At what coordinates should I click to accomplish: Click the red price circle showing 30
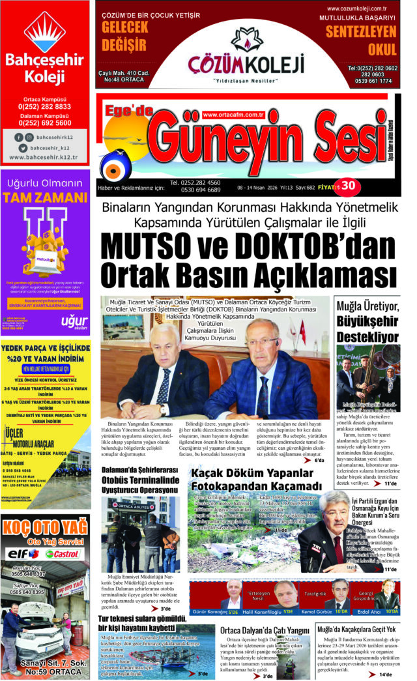click(x=348, y=186)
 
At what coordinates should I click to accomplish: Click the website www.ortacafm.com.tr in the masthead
click(x=233, y=114)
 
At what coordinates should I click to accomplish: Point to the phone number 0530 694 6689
click(x=195, y=190)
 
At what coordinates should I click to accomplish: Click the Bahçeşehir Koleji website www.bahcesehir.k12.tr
click(x=45, y=157)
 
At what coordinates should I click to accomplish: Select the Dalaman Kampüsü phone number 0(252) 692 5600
click(x=45, y=123)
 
